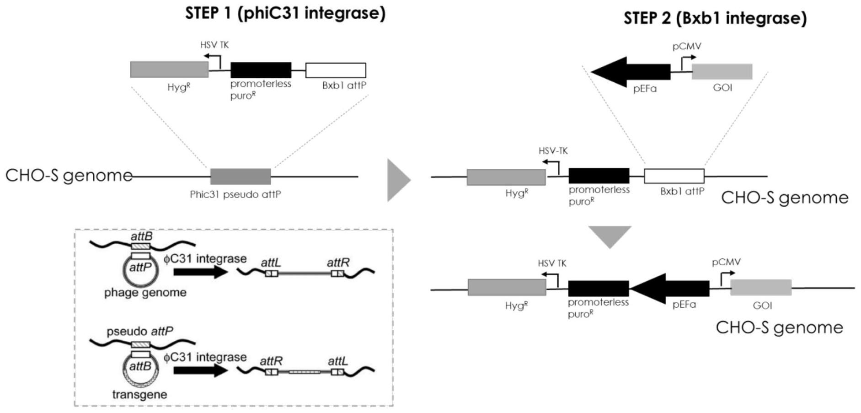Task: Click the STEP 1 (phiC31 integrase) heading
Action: [x=285, y=13]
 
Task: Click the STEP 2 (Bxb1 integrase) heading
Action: [x=715, y=18]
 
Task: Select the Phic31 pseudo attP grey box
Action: [x=241, y=177]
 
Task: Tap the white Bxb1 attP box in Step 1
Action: [x=336, y=70]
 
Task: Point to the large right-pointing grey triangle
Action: [x=397, y=180]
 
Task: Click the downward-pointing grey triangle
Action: [x=610, y=235]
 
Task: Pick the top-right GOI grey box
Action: [x=722, y=72]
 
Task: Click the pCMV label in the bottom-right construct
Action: [x=726, y=262]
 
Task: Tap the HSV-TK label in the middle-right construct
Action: [x=553, y=151]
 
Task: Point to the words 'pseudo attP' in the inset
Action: [x=139, y=331]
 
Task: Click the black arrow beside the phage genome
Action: [x=200, y=272]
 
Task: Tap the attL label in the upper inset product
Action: [x=271, y=263]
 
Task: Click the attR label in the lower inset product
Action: [x=271, y=361]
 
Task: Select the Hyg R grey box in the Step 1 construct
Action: [x=169, y=70]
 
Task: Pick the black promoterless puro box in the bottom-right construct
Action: [x=598, y=289]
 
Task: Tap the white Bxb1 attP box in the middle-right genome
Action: [x=674, y=176]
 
